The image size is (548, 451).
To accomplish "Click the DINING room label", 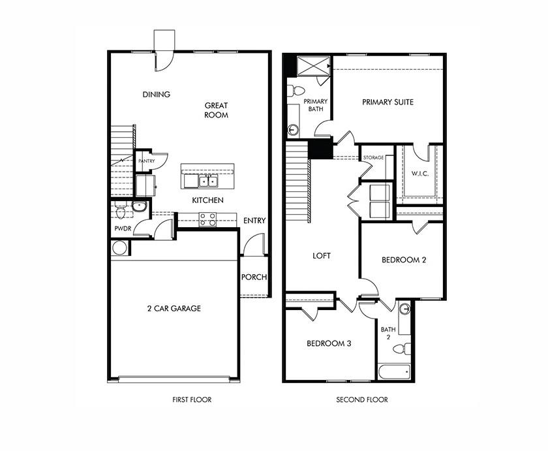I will pos(157,95).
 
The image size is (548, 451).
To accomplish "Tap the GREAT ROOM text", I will pos(216,110).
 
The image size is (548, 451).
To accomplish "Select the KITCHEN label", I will pos(208,200).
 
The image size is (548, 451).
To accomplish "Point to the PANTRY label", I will pos(145,161).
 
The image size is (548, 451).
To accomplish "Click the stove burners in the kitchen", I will pos(207,219).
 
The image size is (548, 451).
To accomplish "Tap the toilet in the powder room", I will pos(120,211).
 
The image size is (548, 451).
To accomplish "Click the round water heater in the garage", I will pos(119,248).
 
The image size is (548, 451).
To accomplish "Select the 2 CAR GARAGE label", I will pos(173,309).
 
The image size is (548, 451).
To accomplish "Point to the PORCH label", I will pos(254,277).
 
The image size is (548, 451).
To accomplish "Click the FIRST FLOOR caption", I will pos(192,399).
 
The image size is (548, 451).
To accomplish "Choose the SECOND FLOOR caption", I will pos(361,399).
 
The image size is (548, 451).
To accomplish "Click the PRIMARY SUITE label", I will pos(388,102).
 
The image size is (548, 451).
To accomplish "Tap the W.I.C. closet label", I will pos(419,174).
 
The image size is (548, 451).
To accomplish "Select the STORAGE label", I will pos(373,158).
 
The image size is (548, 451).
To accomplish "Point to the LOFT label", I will pos(322,256).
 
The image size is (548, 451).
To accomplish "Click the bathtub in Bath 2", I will pos(393,372).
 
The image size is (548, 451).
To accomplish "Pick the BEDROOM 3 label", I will pos(329,343).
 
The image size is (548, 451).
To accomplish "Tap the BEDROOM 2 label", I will pos(404,260).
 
